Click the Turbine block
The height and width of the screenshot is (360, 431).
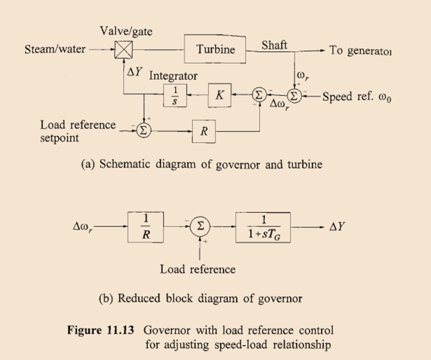[x=218, y=50]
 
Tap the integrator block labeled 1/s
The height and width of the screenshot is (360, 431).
[x=175, y=97]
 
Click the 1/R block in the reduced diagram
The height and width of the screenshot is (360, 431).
[x=145, y=228]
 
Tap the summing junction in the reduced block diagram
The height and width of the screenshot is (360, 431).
[x=200, y=228]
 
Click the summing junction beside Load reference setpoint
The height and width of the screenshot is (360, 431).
[x=143, y=130]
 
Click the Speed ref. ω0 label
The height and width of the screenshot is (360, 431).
[x=357, y=97]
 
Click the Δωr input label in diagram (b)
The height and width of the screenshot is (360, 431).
[x=87, y=228]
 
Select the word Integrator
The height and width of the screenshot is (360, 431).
[x=173, y=76]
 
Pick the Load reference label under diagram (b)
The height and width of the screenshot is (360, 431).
[x=198, y=269]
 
